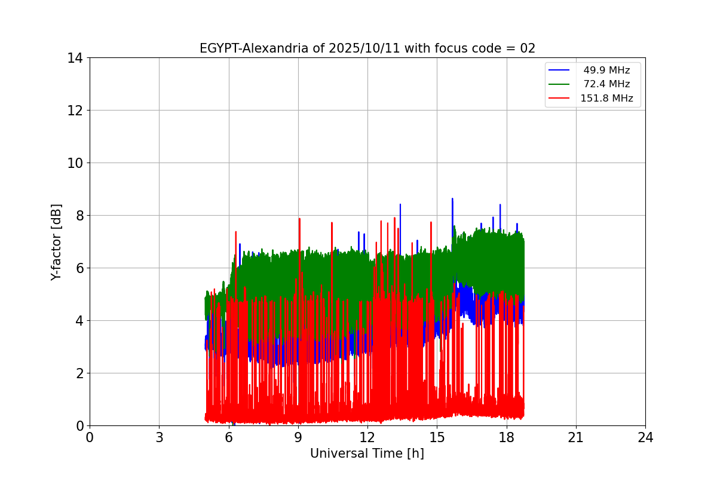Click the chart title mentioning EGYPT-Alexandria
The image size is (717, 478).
367,48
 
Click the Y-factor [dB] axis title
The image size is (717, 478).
57,241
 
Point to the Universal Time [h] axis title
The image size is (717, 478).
367,454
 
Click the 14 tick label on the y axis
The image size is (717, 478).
75,58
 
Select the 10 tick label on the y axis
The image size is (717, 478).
75,163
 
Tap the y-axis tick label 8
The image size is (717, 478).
78,216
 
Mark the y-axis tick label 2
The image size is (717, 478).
78,373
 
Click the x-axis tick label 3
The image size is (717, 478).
159,437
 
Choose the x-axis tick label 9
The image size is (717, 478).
298,437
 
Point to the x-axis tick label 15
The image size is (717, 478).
437,437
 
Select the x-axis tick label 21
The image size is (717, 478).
575,437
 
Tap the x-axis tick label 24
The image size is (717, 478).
645,437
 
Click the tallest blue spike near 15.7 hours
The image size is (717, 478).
452,199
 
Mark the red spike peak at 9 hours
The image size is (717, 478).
299,219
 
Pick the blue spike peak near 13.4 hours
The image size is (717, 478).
400,204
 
